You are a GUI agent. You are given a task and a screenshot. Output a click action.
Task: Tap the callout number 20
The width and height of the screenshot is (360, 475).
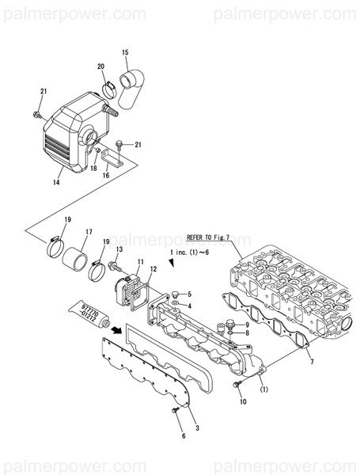point(100,66)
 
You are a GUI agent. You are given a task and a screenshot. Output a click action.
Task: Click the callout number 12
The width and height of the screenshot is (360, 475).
point(153,269)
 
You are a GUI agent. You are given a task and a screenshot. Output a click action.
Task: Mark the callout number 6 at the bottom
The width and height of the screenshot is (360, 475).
point(184,436)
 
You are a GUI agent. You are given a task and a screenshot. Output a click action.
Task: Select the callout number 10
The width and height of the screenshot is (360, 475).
point(243,402)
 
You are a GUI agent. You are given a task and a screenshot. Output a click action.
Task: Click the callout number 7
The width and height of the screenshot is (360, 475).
point(312,362)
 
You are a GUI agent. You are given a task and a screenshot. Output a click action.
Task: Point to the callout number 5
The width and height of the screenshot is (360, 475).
point(188,294)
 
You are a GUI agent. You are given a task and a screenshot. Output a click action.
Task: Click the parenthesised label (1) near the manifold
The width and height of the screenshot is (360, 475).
point(264,389)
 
